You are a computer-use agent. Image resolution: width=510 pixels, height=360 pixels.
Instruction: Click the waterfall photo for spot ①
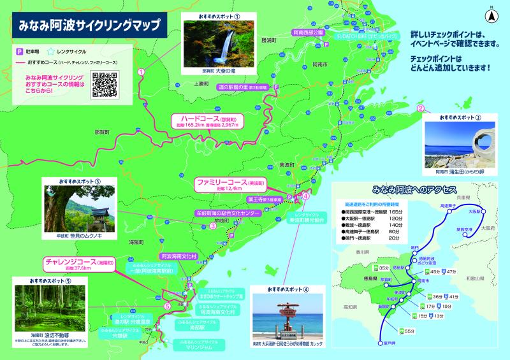pyautogui.click(x=214, y=43)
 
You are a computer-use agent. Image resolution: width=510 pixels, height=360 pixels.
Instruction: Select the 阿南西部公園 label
pyautogui.click(x=309, y=31)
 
